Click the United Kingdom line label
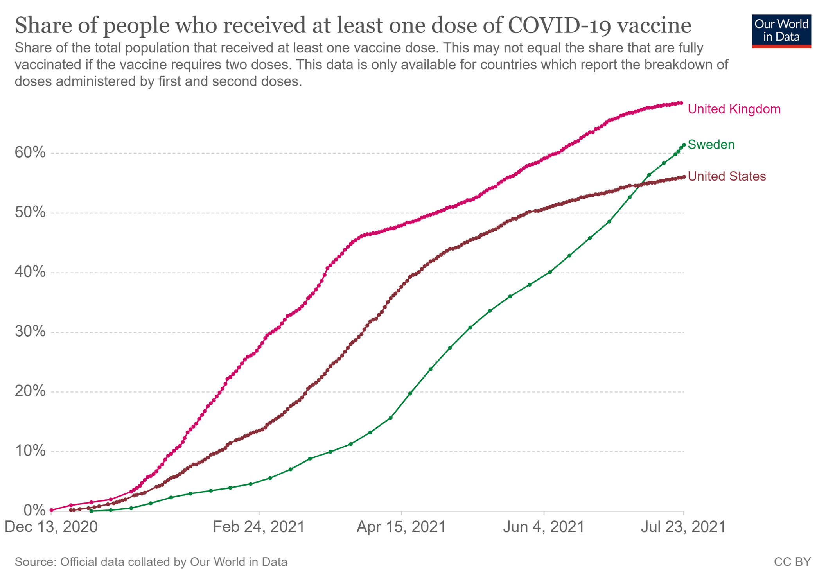(x=734, y=109)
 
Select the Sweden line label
(x=711, y=145)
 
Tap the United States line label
(x=727, y=176)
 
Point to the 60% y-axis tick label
(x=30, y=152)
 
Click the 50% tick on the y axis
(x=30, y=212)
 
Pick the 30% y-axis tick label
(x=30, y=332)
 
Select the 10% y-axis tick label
(x=30, y=451)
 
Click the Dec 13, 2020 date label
(x=51, y=527)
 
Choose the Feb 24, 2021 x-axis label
(x=259, y=527)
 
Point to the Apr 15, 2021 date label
(x=401, y=527)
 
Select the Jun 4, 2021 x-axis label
(x=544, y=527)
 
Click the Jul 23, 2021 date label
(x=683, y=527)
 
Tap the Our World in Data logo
(x=781, y=31)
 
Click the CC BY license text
(x=792, y=562)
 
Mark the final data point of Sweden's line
(x=684, y=145)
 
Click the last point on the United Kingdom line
(x=681, y=103)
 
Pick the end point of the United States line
(x=684, y=177)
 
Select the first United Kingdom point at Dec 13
(x=51, y=510)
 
